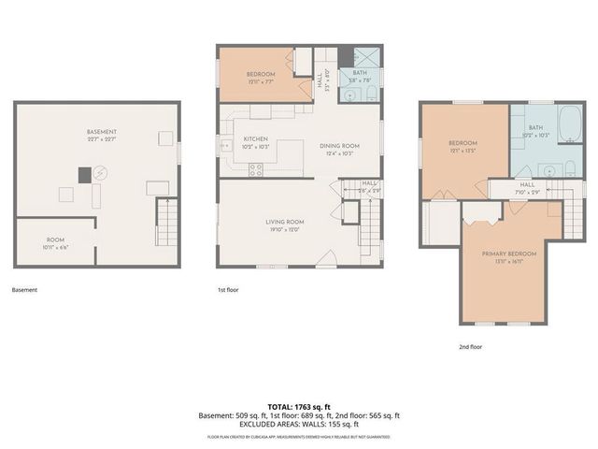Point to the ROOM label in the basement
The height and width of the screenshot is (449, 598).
click(x=56, y=239)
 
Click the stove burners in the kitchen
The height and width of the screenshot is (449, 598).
click(x=255, y=169)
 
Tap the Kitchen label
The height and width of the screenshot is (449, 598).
click(x=243, y=139)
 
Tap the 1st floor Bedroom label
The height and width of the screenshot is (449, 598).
click(x=260, y=74)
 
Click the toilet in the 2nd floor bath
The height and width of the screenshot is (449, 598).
click(x=570, y=170)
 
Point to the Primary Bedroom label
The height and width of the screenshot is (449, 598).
click(x=508, y=253)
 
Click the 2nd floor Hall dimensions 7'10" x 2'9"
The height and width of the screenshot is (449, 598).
click(x=527, y=192)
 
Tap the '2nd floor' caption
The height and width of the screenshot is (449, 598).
click(x=470, y=346)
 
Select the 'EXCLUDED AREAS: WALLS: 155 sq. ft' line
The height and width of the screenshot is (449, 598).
click(x=299, y=424)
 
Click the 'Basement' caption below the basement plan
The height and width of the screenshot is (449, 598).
click(x=24, y=290)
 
